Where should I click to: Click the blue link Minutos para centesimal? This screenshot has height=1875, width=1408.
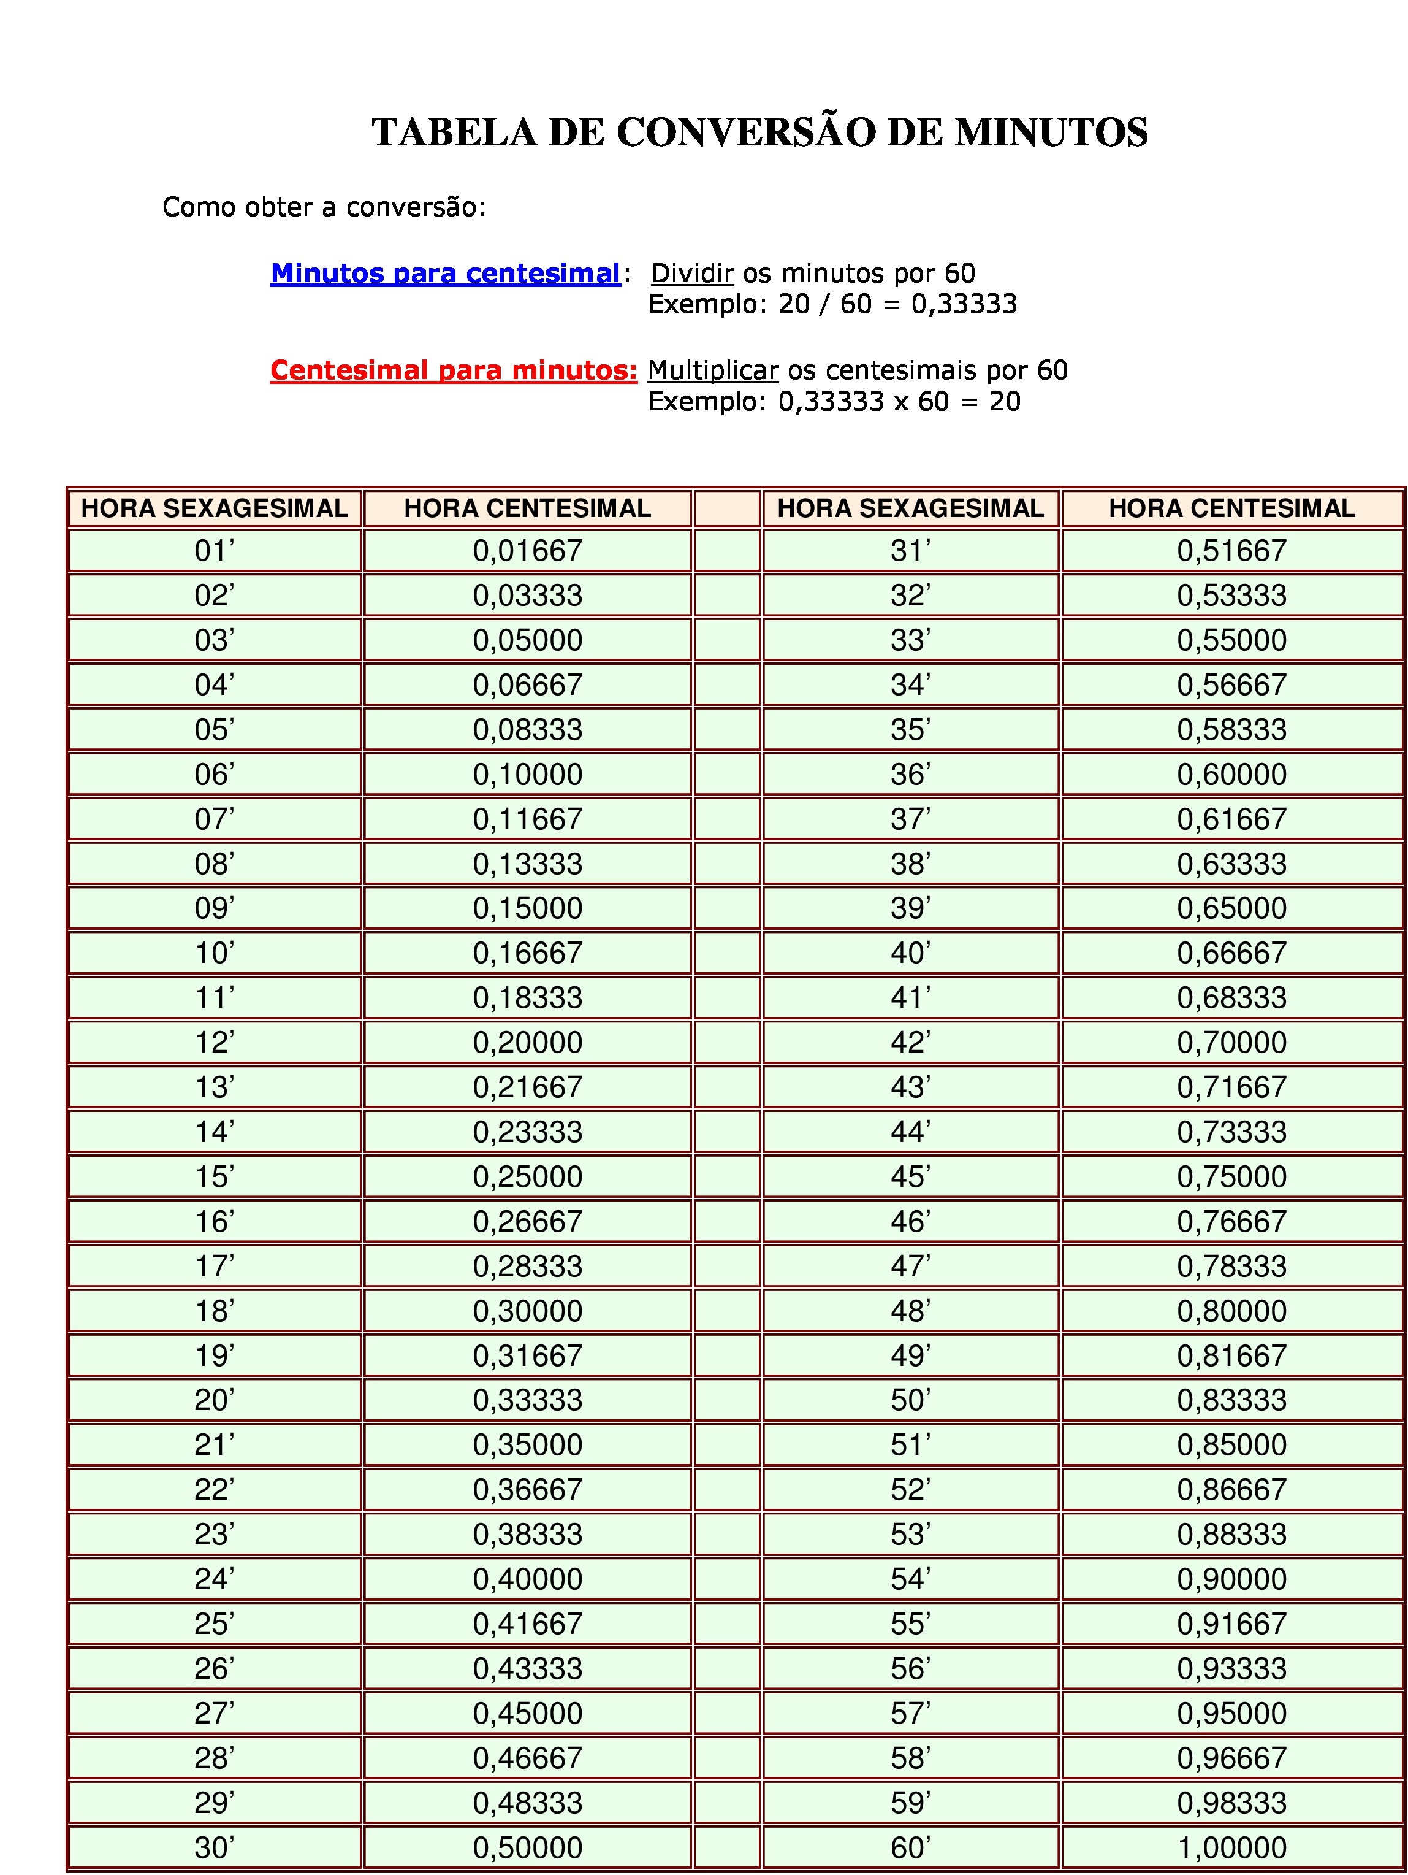click(x=446, y=273)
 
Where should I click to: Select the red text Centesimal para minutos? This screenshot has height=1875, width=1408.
click(x=453, y=370)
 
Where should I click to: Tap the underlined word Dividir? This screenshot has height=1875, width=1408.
click(x=692, y=273)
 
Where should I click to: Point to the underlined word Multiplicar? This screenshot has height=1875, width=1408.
click(x=712, y=370)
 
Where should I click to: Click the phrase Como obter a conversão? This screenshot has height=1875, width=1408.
click(x=324, y=207)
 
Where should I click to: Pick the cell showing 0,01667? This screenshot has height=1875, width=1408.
click(x=527, y=551)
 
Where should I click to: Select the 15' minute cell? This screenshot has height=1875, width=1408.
click(x=215, y=1176)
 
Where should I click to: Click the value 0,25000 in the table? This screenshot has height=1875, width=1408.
click(x=527, y=1176)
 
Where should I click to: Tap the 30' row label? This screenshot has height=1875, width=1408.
click(x=215, y=1847)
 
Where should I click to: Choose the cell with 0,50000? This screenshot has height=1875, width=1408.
click(x=527, y=1847)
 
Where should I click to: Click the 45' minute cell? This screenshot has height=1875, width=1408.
click(x=910, y=1176)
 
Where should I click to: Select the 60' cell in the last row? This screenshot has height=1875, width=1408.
click(x=910, y=1847)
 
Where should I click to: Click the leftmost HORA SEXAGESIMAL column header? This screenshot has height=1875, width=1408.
click(x=215, y=508)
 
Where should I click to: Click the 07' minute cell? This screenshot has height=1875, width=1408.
click(x=215, y=819)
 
